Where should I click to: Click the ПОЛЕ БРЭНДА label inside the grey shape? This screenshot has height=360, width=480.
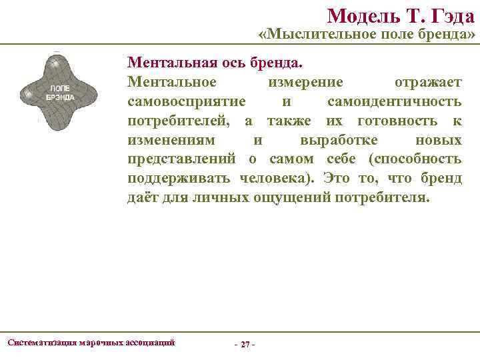(60, 93)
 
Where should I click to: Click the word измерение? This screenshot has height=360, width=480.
(305, 82)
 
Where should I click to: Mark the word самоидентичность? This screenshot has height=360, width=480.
(394, 102)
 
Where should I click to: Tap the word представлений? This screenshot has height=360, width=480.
(184, 160)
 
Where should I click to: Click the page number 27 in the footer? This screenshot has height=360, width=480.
(245, 344)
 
